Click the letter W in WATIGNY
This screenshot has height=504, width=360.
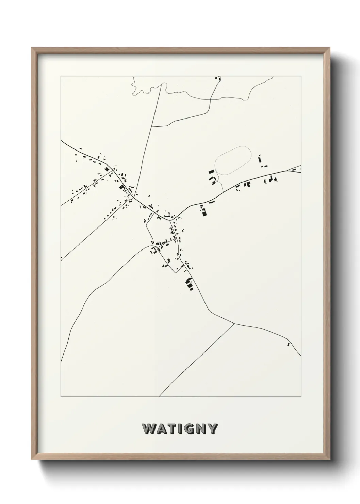click(149, 429)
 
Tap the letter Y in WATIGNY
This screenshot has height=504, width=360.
click(212, 429)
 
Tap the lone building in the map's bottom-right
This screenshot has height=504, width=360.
click(288, 344)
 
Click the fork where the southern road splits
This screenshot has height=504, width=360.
click(234, 323)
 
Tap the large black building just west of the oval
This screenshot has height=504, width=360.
click(211, 172)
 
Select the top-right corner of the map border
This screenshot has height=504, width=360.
click(301, 76)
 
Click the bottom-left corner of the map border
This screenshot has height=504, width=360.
click(61, 396)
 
